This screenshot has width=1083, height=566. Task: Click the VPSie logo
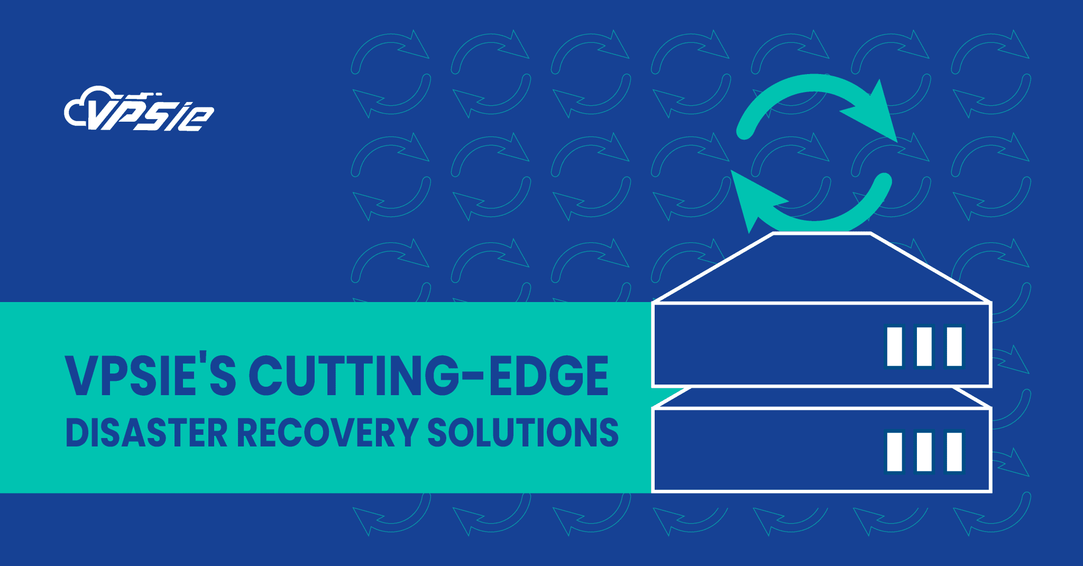pyautogui.click(x=139, y=109)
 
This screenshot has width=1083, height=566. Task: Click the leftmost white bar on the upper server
pyautogui.click(x=894, y=346)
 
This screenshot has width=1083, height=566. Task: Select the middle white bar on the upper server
pyautogui.click(x=924, y=346)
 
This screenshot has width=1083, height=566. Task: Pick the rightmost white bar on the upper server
pyautogui.click(x=954, y=346)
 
